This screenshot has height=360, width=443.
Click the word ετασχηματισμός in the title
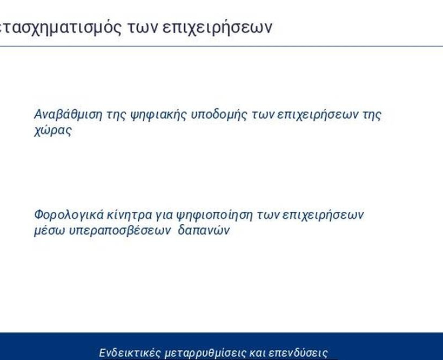tap(61, 28)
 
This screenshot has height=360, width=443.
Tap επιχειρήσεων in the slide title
tap(218, 28)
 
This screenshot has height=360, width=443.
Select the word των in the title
tap(142, 28)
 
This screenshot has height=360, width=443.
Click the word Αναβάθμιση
tap(68, 115)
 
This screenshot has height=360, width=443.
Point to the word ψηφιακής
tap(158, 115)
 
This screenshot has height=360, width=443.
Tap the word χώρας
tap(53, 131)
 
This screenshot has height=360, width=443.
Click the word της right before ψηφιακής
tap(116, 115)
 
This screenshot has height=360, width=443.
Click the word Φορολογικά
tap(69, 215)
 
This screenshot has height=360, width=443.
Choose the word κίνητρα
tap(130, 215)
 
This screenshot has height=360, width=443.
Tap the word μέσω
tap(50, 231)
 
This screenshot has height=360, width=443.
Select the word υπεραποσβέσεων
tap(120, 231)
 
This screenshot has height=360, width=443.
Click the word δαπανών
tap(204, 231)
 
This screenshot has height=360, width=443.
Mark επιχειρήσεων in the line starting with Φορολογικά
tap(323, 215)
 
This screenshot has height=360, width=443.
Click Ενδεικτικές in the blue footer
tap(130, 353)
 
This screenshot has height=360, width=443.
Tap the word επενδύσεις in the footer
tap(298, 354)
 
